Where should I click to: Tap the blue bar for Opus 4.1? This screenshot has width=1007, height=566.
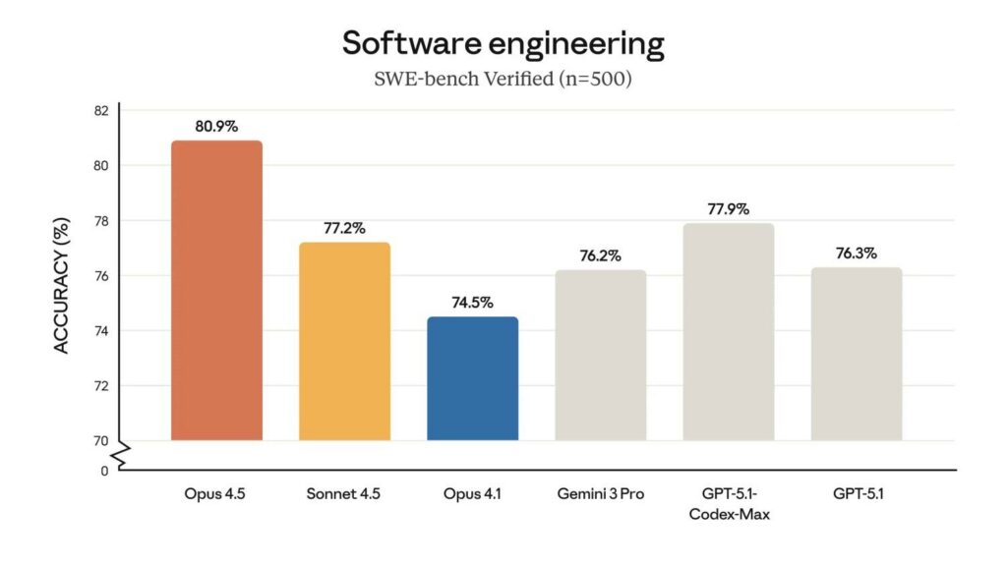tap(472, 378)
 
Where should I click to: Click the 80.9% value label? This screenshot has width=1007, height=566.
tap(216, 127)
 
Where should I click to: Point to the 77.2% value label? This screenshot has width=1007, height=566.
tap(344, 228)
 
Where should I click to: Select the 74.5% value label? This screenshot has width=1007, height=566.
tap(472, 303)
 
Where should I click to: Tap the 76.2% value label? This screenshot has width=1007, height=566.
tap(600, 255)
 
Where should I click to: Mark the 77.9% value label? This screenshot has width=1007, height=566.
tap(728, 209)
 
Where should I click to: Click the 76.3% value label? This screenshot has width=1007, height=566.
tap(856, 253)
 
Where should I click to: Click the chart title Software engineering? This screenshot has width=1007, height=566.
tap(503, 43)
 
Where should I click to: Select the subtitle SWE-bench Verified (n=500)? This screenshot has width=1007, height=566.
tap(503, 80)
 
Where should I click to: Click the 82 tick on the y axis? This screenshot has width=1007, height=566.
tap(101, 110)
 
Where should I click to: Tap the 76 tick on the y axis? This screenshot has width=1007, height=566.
tap(101, 275)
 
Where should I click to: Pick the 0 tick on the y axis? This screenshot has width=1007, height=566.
tap(104, 471)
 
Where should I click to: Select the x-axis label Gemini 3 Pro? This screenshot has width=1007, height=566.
tap(600, 494)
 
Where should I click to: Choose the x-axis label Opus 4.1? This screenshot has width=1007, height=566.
tap(472, 494)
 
